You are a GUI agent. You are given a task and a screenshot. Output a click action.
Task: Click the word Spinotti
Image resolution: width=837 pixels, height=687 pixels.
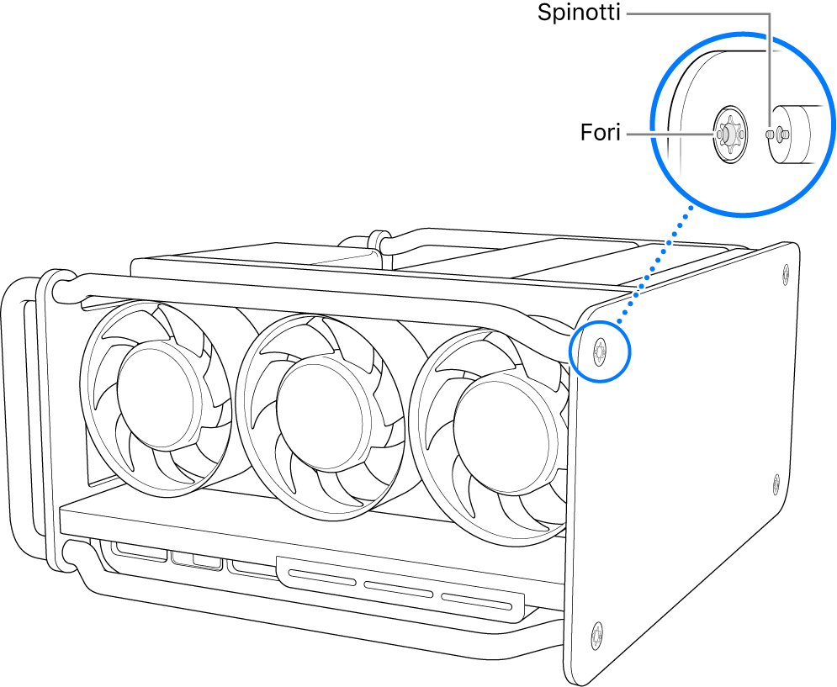pos(580,13)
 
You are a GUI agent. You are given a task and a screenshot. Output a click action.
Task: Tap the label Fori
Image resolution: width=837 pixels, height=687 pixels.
pos(600,133)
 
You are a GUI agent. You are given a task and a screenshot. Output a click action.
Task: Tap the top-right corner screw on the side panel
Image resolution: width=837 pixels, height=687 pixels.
pos(786,272)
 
